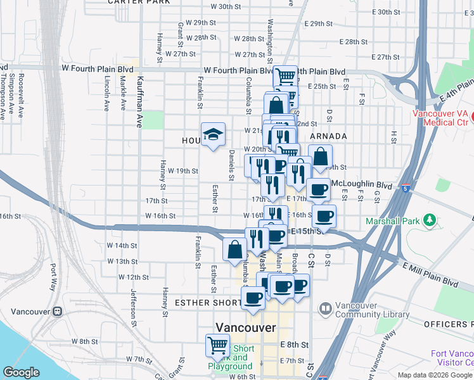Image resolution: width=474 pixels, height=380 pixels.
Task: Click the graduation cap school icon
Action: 213,134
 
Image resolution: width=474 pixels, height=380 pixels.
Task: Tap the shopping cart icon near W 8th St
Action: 217,346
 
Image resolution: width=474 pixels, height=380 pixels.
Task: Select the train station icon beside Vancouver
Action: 58,312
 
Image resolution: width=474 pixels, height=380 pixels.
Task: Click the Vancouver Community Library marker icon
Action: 325,309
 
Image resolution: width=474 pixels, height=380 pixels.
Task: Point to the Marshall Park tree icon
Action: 430,220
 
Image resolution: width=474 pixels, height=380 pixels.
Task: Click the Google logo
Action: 22,372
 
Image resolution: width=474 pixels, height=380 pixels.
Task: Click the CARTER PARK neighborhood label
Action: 139,3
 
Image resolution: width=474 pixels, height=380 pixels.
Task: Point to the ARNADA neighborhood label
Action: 328,136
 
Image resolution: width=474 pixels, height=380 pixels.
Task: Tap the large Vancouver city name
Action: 246,327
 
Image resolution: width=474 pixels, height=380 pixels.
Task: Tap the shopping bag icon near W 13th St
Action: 234,248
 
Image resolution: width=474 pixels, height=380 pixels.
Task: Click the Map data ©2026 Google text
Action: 435,375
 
